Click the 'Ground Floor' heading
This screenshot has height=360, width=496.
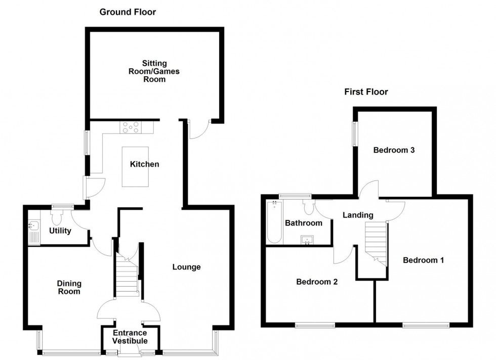coord(128,12)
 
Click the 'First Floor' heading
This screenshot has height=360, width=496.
coord(366,92)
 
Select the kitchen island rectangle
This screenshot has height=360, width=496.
coord(135,167)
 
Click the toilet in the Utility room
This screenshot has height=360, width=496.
coord(56,218)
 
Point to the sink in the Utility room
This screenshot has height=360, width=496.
coord(34,231)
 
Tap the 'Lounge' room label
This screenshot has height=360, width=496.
coord(186,267)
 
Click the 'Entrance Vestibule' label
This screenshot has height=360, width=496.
coord(130,337)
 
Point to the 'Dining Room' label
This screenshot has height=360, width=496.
coord(69,288)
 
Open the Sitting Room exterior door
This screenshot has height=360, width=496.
coord(199,130)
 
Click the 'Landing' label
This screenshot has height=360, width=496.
coord(358,215)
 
